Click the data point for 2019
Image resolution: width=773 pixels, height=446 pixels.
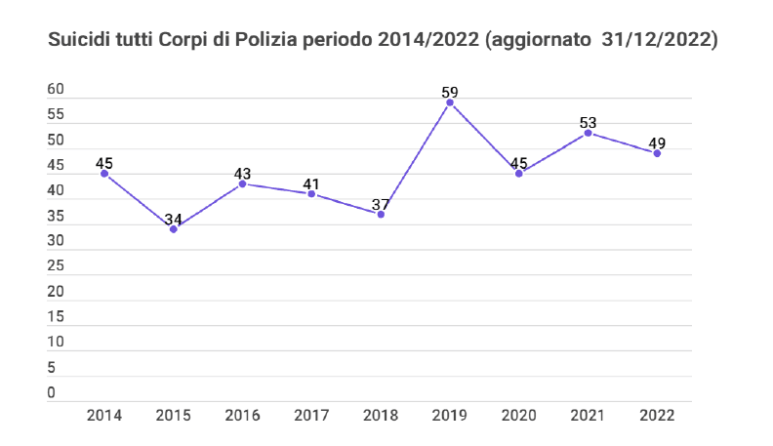pos(450,102)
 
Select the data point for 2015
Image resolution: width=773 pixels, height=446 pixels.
pos(173,229)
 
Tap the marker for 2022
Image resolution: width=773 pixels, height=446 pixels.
pos(657,153)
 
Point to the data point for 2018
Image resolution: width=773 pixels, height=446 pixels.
pos(381,214)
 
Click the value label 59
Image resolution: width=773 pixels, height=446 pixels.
pos(450,93)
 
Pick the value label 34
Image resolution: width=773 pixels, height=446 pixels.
pos(173,220)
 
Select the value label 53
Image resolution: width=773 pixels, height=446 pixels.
pos(588,123)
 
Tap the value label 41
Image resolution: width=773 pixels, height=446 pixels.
pos(311,183)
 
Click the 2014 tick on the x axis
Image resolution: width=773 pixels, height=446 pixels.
pos(103,415)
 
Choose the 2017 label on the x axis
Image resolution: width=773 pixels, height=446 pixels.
pos(311,415)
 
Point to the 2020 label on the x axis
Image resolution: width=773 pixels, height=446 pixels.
pos(518,415)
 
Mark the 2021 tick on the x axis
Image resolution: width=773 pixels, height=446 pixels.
pos(588,415)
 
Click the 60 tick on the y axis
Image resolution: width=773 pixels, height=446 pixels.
pos(56,90)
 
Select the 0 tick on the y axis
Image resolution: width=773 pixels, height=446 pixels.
pos(52,393)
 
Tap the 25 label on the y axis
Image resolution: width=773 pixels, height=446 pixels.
pos(56,266)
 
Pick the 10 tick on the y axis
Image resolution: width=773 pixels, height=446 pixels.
pos(56,343)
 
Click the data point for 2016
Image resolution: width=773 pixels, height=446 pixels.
pos(242,183)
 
